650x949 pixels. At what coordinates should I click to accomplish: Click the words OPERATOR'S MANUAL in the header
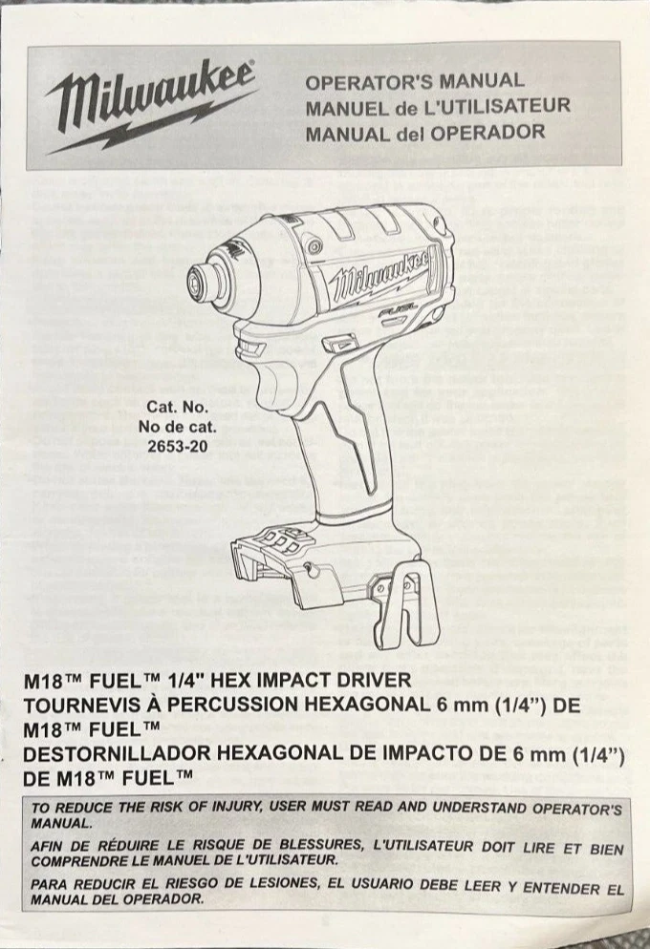tap(415, 80)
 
